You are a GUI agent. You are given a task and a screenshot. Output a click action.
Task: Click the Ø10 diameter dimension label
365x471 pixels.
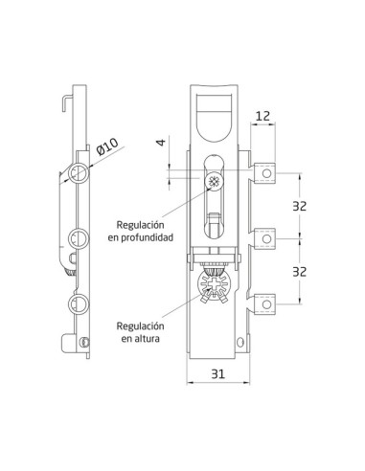(106, 146)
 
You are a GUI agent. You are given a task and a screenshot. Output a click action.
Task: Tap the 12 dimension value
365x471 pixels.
(262, 116)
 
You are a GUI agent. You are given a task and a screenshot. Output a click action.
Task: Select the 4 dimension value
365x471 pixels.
(162, 142)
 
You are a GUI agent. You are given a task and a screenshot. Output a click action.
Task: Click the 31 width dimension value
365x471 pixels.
(218, 373)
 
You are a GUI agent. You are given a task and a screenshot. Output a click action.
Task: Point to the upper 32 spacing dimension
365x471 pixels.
(299, 206)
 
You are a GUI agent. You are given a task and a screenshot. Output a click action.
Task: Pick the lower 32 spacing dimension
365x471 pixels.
(299, 272)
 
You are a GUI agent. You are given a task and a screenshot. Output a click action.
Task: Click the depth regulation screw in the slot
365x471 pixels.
(213, 182)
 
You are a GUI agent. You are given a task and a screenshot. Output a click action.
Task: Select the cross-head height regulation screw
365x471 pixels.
(214, 283)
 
